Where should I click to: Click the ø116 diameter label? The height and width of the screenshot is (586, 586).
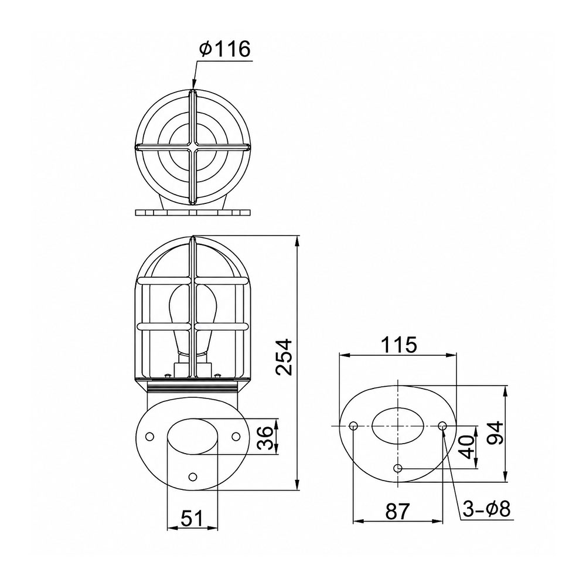pos(224,49)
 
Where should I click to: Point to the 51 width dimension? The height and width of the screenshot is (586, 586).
pos(192,519)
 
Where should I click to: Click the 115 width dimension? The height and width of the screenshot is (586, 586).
pos(398,345)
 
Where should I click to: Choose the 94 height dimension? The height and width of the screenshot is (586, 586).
pos(496,434)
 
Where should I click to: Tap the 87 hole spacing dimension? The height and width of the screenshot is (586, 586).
pos(398,511)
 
